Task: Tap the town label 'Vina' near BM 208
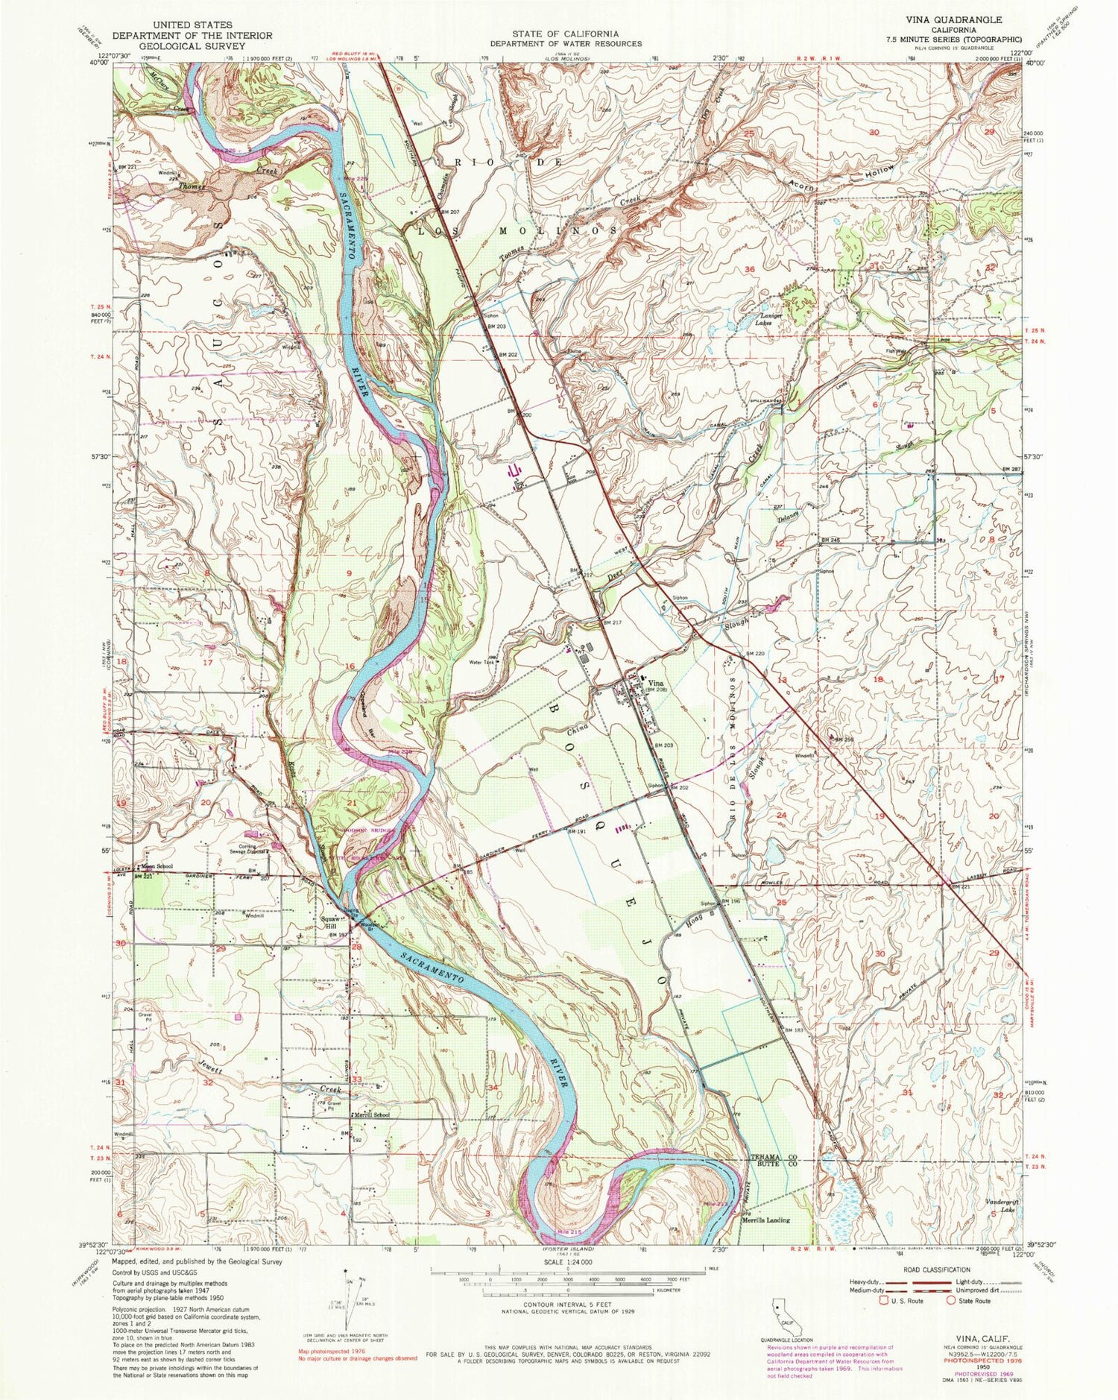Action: tap(654, 683)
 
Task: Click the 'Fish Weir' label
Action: tap(896, 351)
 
